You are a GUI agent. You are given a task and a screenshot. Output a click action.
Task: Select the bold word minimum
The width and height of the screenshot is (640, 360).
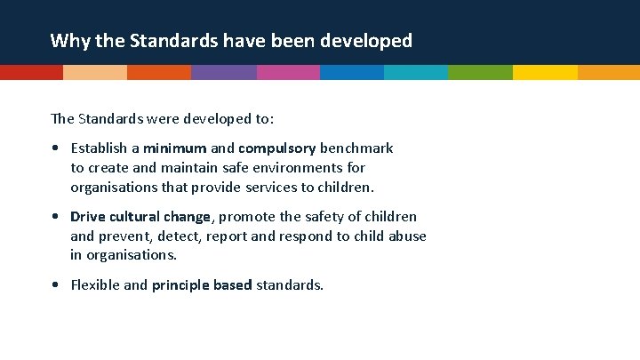pos(175,148)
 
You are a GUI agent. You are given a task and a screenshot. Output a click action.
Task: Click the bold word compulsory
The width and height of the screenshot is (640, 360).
pos(276,148)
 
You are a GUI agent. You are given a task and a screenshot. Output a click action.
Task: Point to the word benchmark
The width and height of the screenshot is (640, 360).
pos(356,148)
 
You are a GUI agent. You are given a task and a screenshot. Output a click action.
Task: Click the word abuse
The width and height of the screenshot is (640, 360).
pos(407,236)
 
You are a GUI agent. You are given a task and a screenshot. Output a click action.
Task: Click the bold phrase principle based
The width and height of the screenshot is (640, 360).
pos(202,285)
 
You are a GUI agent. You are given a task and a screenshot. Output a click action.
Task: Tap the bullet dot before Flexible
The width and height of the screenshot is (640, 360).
pos(56,285)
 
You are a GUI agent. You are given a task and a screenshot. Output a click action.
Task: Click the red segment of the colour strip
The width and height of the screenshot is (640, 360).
pos(31,73)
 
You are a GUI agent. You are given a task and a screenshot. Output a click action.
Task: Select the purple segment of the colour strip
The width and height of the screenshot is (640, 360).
pos(223,73)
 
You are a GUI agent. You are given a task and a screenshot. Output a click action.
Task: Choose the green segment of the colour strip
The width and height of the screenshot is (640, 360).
pos(480,73)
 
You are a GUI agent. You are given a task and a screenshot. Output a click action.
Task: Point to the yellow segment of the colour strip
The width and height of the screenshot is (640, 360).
pos(544,73)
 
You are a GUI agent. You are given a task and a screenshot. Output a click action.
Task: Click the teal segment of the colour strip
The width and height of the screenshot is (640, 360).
pos(416,73)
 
